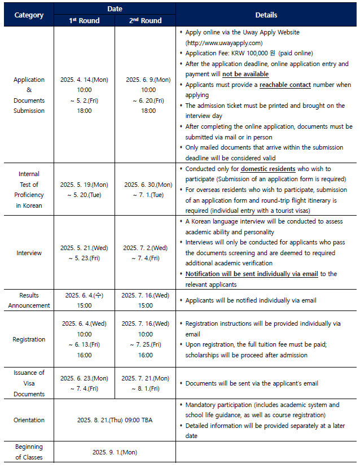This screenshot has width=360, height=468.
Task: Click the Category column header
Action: pyautogui.click(x=29, y=15)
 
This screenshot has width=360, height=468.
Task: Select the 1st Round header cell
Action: pyautogui.click(x=84, y=21)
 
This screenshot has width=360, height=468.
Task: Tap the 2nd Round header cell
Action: pyautogui.click(x=145, y=21)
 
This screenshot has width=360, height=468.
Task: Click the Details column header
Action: pyautogui.click(x=266, y=15)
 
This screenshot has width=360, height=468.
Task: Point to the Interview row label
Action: pyautogui.click(x=29, y=253)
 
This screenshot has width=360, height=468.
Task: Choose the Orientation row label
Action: pyautogui.click(x=29, y=420)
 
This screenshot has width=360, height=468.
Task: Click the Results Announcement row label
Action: pyautogui.click(x=29, y=300)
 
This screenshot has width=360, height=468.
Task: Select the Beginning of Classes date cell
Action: pyautogui.click(x=115, y=452)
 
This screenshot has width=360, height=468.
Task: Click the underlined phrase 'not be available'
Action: pyautogui.click(x=245, y=75)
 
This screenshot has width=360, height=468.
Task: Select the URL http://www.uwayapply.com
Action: pyautogui.click(x=224, y=43)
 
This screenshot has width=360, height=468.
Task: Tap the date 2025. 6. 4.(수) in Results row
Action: pyautogui.click(x=84, y=295)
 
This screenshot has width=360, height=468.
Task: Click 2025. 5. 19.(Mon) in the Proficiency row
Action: pyautogui.click(x=84, y=185)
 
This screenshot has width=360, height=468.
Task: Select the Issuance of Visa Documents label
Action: pyautogui.click(x=29, y=383)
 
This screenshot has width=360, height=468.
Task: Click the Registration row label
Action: pyautogui.click(x=29, y=339)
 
